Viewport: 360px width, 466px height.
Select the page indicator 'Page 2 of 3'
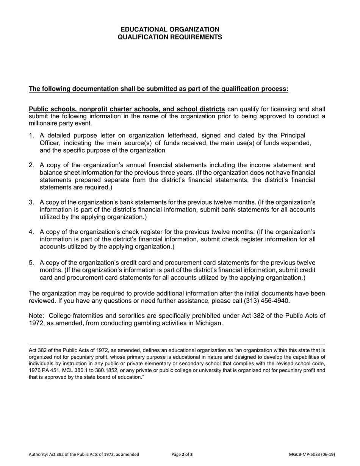coord(182,455)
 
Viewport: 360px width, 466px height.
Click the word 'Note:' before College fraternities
coord(37,316)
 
